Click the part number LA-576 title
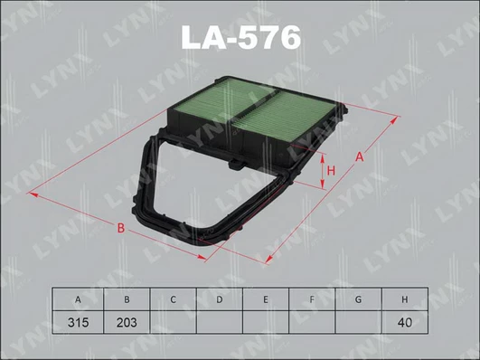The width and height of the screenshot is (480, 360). point(241,37)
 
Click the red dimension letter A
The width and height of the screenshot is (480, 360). point(360,156)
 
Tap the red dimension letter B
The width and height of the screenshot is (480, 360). point(121,228)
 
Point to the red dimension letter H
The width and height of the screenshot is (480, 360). point(331,171)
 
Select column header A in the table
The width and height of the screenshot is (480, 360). point(78,299)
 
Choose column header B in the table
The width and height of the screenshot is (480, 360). point(127,299)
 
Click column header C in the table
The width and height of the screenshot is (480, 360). point(173,299)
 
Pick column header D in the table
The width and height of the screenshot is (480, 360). point(219,299)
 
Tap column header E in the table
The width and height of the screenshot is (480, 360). point(266,299)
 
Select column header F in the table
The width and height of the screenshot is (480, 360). point(312,299)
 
